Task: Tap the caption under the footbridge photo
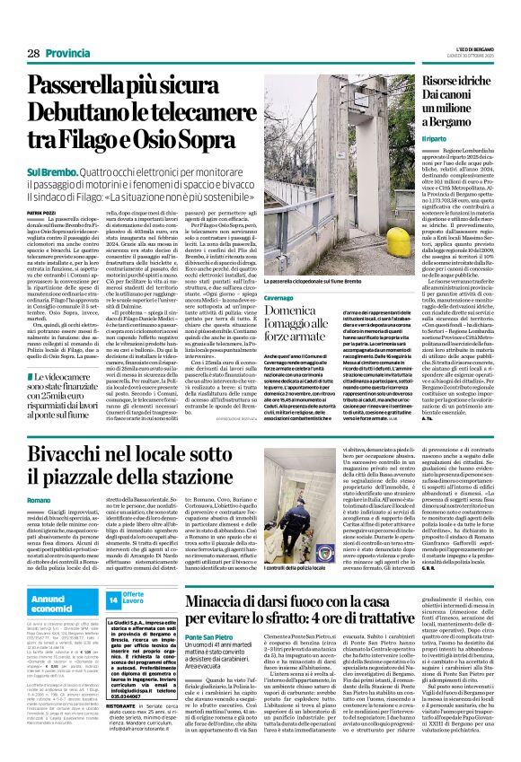[x=316, y=282]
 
